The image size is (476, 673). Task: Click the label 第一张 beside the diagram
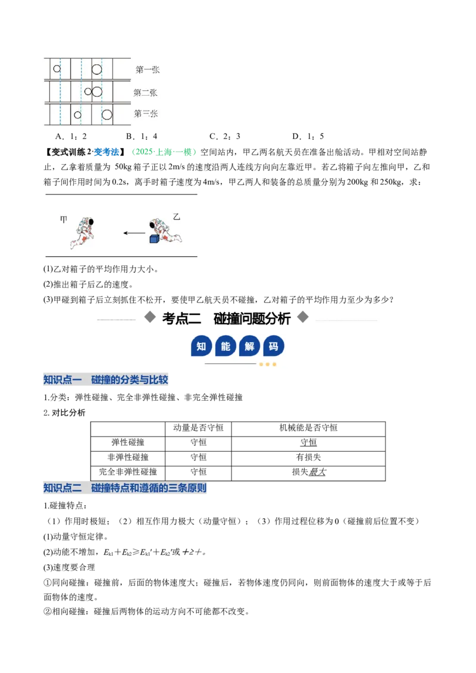pos(148,70)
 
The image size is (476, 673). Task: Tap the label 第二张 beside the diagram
pos(145,92)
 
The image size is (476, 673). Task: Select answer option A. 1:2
pos(71,137)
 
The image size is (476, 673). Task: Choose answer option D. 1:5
pos(308,137)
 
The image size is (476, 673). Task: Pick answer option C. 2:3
pos(225,137)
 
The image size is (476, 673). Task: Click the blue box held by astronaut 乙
pos(154,238)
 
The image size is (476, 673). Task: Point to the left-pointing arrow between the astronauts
pos(134,233)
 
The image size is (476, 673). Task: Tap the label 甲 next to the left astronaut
pos(64,220)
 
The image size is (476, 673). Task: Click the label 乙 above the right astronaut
pos(176,217)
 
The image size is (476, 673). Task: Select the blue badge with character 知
pos(201,347)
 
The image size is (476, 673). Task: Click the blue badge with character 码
pos(274,347)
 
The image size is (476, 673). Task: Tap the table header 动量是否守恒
pos(198,427)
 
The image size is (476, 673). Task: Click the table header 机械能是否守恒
pos(308,427)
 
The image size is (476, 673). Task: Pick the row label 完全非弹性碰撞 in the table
pos(128,471)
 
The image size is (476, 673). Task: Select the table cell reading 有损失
pos(308,457)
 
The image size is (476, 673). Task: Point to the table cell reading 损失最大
pos(309,471)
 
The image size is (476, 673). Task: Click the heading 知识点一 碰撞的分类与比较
pos(106,379)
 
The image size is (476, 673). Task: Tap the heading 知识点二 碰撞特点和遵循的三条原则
pos(125,488)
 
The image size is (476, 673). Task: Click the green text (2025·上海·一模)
pos(164,152)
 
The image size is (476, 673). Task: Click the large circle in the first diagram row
pos(96,70)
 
